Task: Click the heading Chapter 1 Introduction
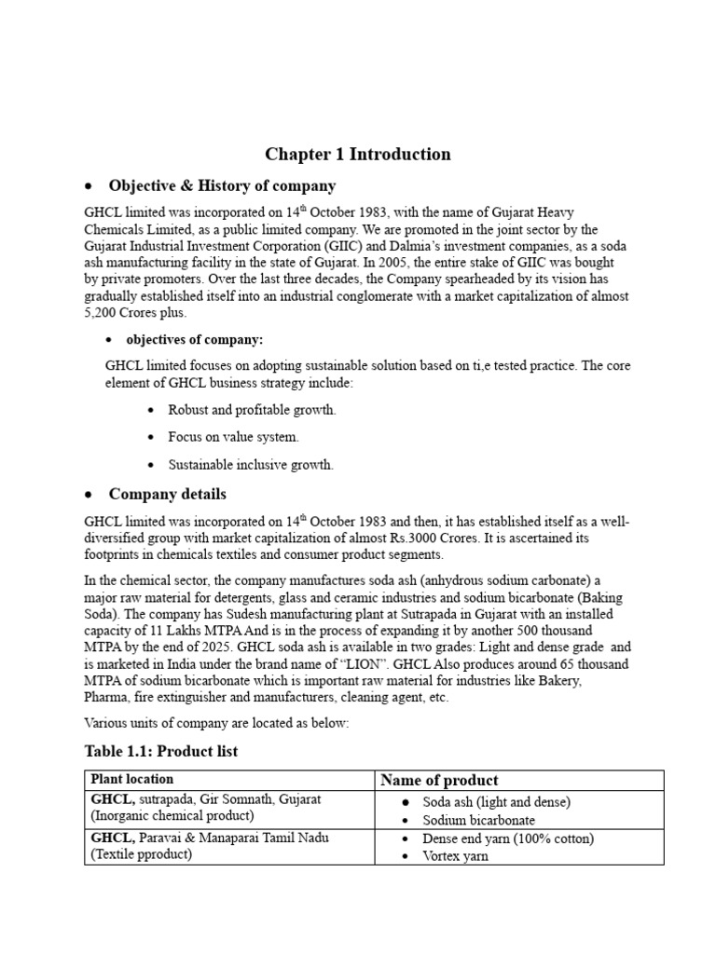pyautogui.click(x=357, y=155)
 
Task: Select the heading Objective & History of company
pyautogui.click(x=222, y=185)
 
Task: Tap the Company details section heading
pyautogui.click(x=167, y=494)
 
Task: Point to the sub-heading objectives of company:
pyautogui.click(x=195, y=339)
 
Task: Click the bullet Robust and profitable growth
pyautogui.click(x=252, y=410)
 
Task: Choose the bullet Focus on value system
pyautogui.click(x=233, y=437)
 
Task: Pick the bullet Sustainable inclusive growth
pyautogui.click(x=250, y=464)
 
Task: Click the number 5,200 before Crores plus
pyautogui.click(x=101, y=313)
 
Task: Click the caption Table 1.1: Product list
pyautogui.click(x=161, y=751)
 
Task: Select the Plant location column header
pyautogui.click(x=131, y=779)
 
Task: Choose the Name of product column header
pyautogui.click(x=438, y=780)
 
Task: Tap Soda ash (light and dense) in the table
pyautogui.click(x=496, y=801)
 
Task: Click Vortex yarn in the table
pyautogui.click(x=457, y=856)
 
